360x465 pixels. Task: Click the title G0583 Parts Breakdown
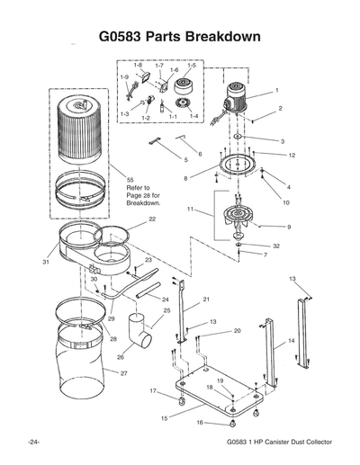tap(179, 37)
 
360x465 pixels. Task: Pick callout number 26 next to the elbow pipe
tap(120, 356)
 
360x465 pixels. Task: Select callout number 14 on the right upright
tap(291, 342)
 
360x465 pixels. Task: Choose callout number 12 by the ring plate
tap(292, 156)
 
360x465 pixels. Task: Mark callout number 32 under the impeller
tap(276, 246)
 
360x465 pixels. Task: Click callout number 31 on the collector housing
tap(44, 262)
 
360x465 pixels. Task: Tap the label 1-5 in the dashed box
tap(190, 66)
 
